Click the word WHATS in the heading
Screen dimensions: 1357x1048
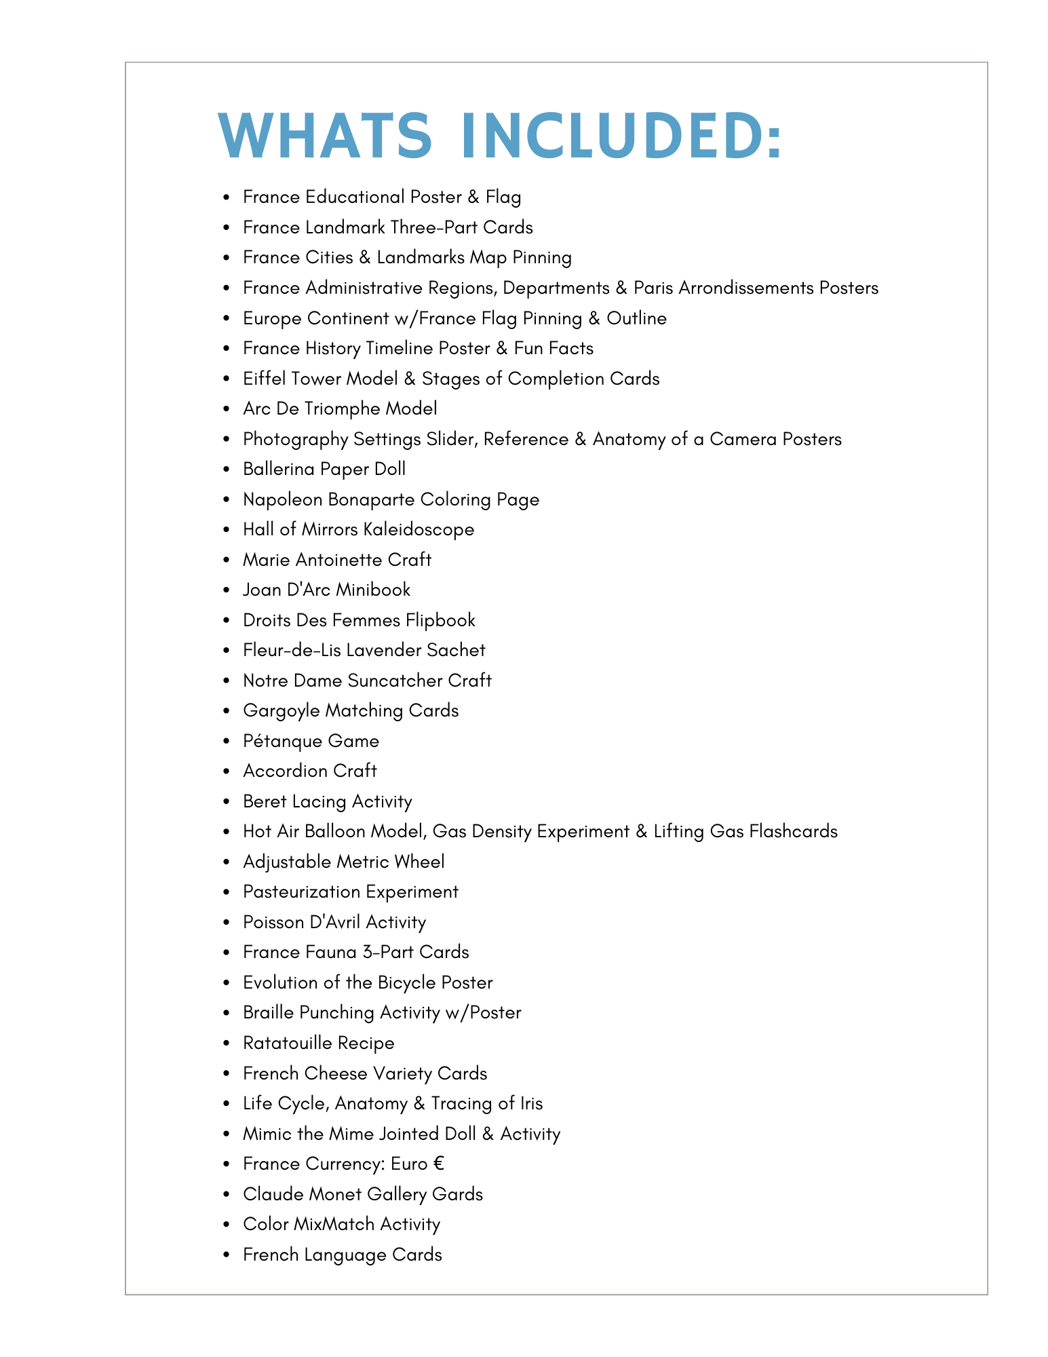325,136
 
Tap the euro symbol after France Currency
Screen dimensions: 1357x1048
438,1164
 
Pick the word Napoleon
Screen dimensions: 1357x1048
282,499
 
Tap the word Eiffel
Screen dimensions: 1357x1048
264,379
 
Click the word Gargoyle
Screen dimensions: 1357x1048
281,710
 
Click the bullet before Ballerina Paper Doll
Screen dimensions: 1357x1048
227,470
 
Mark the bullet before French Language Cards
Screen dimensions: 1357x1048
227,1255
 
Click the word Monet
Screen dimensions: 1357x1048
335,1194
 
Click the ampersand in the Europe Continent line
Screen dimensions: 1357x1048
594,318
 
